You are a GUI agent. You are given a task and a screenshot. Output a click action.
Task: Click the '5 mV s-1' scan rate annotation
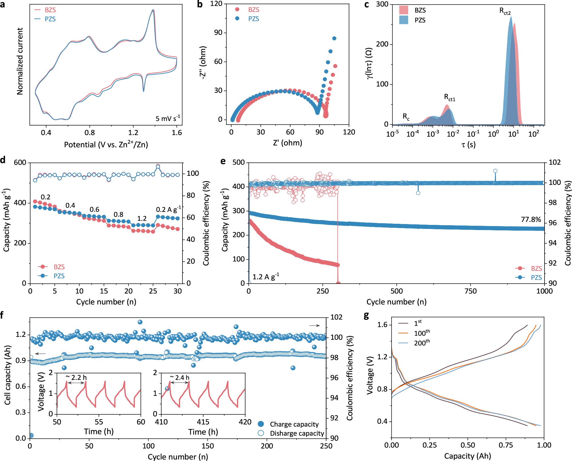pos(168,118)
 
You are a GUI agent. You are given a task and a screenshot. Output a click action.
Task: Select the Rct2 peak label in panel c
pos(505,11)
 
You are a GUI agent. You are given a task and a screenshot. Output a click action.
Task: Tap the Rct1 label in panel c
pos(449,98)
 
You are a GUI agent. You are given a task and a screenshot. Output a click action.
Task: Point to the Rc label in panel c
pos(406,117)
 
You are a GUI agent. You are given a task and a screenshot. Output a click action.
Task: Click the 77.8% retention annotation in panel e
pos(531,219)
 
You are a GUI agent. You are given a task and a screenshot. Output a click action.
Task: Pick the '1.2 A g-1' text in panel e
pos(266,277)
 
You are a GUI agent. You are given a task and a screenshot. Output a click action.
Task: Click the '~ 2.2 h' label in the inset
pos(76,377)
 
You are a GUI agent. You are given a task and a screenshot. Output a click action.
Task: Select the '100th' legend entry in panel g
pos(422,333)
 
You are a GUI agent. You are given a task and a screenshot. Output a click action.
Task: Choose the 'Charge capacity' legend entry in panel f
pos(294,424)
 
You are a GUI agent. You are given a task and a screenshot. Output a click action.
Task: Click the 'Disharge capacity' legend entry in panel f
pos(297,433)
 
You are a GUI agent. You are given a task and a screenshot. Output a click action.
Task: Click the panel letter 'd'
pos(3,160)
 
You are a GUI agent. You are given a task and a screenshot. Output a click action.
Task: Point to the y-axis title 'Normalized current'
pos(20,61)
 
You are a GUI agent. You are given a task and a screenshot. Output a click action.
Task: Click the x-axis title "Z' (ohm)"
pos(287,143)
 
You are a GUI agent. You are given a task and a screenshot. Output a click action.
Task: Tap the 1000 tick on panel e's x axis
pos(544,291)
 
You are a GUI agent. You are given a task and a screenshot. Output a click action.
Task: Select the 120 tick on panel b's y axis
pos(216,4)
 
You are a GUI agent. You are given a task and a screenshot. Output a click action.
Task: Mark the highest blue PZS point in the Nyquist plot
pos(334,38)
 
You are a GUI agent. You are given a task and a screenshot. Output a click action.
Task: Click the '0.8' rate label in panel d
pos(118,214)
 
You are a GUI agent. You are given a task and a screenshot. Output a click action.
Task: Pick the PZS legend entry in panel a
pos(50,19)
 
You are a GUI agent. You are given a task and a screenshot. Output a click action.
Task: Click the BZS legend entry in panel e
pos(536,268)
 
